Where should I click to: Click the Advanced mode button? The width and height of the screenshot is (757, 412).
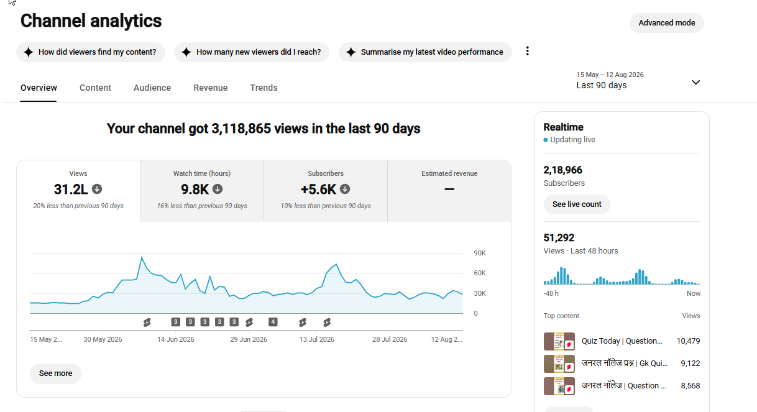click(666, 23)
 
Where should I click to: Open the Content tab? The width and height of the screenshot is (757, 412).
click(95, 88)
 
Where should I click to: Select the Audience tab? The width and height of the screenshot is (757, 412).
click(152, 88)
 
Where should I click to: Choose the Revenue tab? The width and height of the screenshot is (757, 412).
click(211, 88)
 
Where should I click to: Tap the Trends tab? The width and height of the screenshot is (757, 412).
click(264, 88)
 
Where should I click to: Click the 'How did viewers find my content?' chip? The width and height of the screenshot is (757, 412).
click(91, 52)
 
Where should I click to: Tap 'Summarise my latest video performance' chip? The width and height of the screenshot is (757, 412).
click(425, 52)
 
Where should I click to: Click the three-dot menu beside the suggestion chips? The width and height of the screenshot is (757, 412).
click(527, 51)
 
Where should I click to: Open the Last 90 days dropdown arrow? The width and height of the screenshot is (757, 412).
click(696, 83)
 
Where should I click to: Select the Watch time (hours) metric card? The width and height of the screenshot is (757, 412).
click(202, 191)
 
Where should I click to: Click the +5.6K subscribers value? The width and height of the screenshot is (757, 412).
click(318, 190)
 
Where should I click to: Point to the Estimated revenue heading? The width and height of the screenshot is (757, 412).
click(449, 173)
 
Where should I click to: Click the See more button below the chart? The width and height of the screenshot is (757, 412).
click(55, 373)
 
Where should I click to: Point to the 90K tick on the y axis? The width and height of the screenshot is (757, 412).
click(480, 253)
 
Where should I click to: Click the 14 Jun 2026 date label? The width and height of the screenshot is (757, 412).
click(176, 339)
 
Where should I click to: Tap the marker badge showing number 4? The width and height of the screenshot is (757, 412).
click(273, 322)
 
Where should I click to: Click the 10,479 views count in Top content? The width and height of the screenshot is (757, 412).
click(688, 341)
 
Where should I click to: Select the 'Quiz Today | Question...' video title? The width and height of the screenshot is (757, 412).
click(622, 341)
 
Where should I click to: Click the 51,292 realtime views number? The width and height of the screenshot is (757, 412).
click(559, 238)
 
